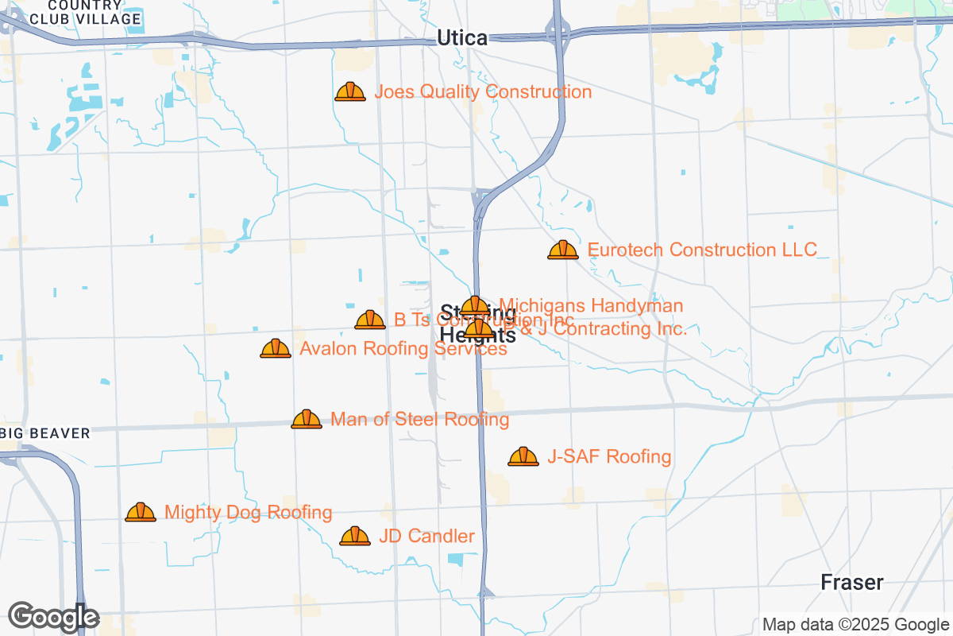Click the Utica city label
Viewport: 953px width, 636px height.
(x=461, y=37)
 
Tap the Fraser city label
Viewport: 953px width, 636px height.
(x=852, y=583)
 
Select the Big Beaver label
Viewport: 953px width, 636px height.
(x=45, y=433)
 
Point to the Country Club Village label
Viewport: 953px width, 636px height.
(x=85, y=12)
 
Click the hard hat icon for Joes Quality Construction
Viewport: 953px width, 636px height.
(x=350, y=92)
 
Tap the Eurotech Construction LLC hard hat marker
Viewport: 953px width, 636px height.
(x=563, y=250)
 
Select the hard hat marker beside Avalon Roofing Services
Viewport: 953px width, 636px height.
(x=276, y=348)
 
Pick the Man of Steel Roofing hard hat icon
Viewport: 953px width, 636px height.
(x=307, y=419)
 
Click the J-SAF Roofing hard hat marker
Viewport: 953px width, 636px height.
(x=523, y=456)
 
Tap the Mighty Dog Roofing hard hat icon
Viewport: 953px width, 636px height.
(x=141, y=513)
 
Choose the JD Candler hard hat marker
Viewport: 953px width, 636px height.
(x=355, y=537)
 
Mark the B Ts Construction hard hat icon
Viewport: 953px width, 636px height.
(x=370, y=320)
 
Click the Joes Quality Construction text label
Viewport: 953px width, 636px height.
(x=483, y=92)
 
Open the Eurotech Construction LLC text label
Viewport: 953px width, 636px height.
(x=702, y=250)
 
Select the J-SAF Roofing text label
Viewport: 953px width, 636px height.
(x=609, y=457)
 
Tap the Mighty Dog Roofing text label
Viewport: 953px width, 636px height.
(x=248, y=513)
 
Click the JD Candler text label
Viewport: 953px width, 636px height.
(x=426, y=537)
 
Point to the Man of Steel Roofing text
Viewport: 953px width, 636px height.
(x=419, y=419)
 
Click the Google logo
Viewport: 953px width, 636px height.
(x=53, y=616)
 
